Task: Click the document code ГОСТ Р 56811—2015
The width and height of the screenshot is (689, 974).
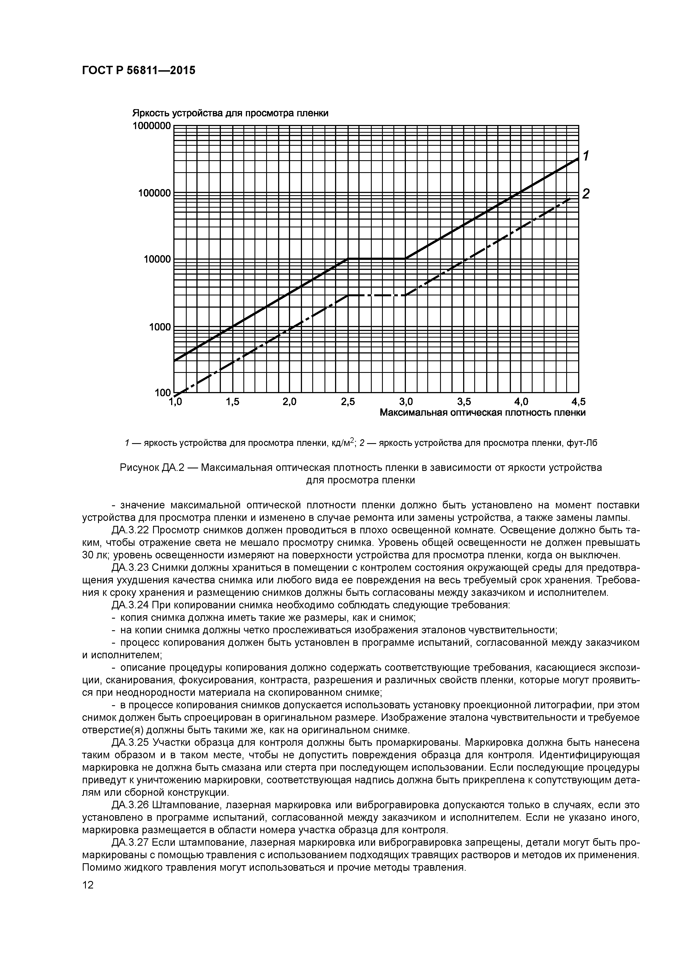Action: pos(138,71)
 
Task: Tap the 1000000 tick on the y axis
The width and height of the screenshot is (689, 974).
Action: pos(152,126)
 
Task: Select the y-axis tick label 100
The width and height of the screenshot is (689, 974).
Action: pos(163,393)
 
